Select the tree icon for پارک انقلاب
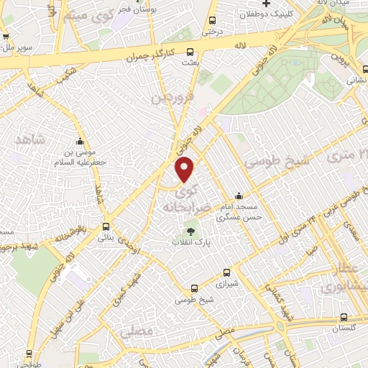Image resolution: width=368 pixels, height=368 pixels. pyautogui.click(x=190, y=231)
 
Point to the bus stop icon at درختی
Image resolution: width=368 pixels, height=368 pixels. pyautogui.click(x=211, y=21)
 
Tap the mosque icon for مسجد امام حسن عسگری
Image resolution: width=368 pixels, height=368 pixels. pyautogui.click(x=239, y=195)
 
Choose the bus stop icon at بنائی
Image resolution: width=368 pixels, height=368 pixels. pyautogui.click(x=106, y=226)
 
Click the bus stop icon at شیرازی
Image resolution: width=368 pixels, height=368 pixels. pyautogui.click(x=227, y=272)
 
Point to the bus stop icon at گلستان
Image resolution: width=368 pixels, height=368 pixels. pyautogui.click(x=344, y=317)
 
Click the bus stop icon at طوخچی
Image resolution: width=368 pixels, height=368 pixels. pyautogui.click(x=29, y=354)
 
